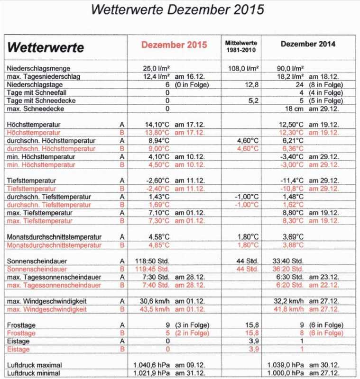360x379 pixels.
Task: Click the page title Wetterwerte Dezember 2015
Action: pyautogui.click(x=177, y=10)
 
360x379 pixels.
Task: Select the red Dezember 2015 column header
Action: pyautogui.click(x=174, y=45)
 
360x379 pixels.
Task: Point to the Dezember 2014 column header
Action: pyautogui.click(x=308, y=44)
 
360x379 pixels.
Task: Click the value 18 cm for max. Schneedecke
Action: pyautogui.click(x=290, y=108)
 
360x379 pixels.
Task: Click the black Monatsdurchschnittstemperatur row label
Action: pyautogui.click(x=54, y=237)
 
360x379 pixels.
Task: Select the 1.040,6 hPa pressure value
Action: pyautogui.click(x=154, y=365)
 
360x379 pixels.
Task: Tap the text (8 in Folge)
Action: pyautogui.click(x=326, y=84)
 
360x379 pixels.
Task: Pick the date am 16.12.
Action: pyautogui.click(x=190, y=76)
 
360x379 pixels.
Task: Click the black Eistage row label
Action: pyautogui.click(x=19, y=341)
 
